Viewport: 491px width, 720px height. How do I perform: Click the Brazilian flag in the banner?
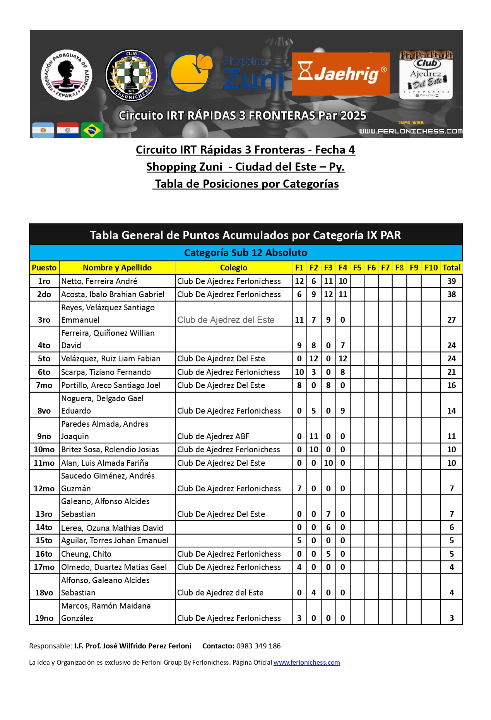click(92, 130)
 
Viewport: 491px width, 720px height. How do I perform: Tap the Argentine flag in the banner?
click(43, 130)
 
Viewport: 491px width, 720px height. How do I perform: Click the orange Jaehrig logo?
click(340, 74)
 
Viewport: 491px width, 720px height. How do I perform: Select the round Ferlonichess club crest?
click(132, 75)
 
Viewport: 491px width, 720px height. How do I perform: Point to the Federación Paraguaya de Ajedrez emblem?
click(67, 75)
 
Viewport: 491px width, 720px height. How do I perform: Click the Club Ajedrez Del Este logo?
click(426, 75)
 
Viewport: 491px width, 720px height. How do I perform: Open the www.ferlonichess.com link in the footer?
click(306, 662)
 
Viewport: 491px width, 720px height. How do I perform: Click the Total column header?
click(451, 268)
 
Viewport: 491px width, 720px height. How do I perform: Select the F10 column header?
click(431, 268)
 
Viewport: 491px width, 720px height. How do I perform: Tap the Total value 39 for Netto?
click(451, 281)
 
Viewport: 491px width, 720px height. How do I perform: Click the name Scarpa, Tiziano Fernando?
click(106, 372)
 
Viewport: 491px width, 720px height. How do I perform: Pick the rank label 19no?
click(44, 618)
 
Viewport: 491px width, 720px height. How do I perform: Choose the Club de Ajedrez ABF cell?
click(213, 436)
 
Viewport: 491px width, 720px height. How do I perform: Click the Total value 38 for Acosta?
click(451, 294)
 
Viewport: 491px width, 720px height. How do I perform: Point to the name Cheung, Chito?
click(86, 554)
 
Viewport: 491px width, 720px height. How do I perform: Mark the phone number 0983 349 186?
click(258, 646)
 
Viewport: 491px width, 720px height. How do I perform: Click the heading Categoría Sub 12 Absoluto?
click(245, 253)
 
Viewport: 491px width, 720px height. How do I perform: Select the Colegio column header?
click(233, 268)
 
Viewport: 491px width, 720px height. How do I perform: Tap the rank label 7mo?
click(44, 385)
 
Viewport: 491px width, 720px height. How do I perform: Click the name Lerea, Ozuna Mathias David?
click(112, 528)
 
